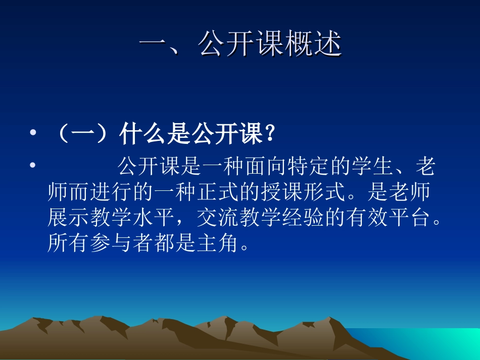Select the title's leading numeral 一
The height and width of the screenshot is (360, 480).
click(154, 45)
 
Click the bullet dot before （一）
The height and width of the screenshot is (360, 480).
click(33, 134)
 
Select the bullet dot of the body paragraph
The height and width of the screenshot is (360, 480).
click(33, 166)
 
